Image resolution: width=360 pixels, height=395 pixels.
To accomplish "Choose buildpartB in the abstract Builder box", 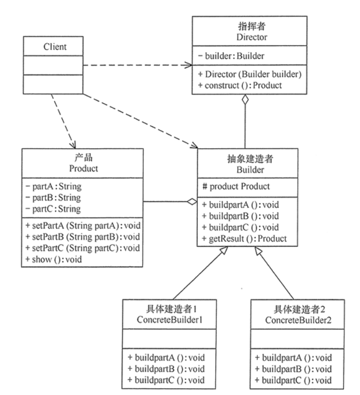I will [233, 216].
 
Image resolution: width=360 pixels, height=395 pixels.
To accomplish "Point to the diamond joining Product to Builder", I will [192, 201].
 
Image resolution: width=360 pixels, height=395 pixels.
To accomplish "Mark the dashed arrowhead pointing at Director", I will [187, 65].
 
